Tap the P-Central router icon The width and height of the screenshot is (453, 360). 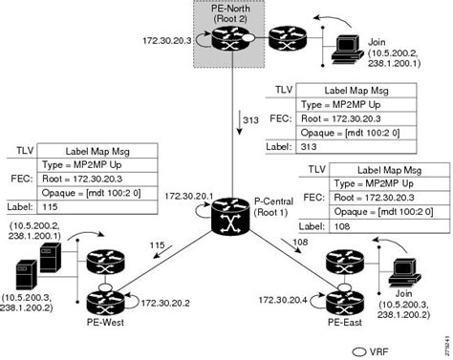point(227,211)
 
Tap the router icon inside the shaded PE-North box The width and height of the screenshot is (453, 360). point(228,42)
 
